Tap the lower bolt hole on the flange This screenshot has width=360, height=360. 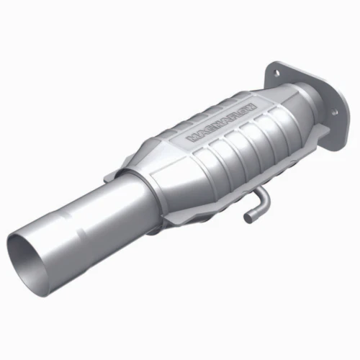pyautogui.click(x=333, y=112)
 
